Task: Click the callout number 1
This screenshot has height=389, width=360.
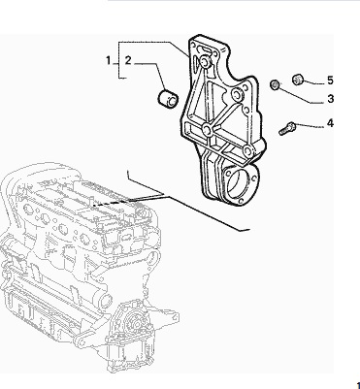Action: [x=109, y=60]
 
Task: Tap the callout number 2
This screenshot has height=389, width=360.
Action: [x=128, y=60]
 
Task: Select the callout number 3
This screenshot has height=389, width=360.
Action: [x=330, y=99]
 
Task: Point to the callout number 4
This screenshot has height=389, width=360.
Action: [x=330, y=123]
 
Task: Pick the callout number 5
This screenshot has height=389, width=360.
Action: [x=330, y=81]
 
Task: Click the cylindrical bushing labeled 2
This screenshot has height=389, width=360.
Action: [x=168, y=98]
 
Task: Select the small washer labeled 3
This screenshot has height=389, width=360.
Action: [x=275, y=84]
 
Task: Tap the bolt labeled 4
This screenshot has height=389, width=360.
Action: [x=287, y=128]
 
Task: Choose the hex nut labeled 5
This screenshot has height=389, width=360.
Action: [x=298, y=80]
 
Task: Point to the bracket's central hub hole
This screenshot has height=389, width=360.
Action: [x=207, y=130]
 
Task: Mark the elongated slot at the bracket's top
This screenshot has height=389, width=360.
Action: [x=206, y=49]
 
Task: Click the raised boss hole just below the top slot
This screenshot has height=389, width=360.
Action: [x=205, y=62]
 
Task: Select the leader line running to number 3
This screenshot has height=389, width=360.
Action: [x=301, y=96]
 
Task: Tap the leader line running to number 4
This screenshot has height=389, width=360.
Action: [x=309, y=125]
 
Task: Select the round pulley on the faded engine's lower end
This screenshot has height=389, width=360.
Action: [x=133, y=324]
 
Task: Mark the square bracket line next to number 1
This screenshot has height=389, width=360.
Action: [x=118, y=60]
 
